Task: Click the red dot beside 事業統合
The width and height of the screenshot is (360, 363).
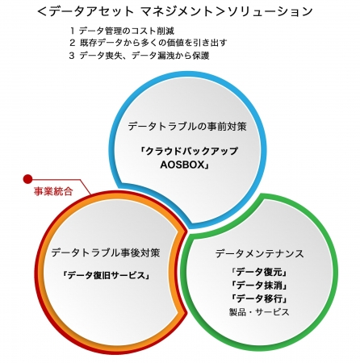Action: (x=27, y=179)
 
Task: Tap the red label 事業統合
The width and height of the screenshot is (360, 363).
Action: (x=53, y=191)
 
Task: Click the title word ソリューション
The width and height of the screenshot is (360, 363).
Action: (x=270, y=11)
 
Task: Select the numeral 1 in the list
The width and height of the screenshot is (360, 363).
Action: (x=72, y=31)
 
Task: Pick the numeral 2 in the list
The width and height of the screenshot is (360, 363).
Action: (x=72, y=43)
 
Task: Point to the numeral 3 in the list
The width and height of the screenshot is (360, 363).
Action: (x=72, y=56)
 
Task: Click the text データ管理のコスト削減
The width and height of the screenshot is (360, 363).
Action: (x=127, y=31)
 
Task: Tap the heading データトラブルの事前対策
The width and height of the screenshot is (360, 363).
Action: (x=187, y=126)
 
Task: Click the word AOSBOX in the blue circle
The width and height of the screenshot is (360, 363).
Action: (x=182, y=165)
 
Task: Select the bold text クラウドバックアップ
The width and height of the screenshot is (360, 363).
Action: (x=191, y=151)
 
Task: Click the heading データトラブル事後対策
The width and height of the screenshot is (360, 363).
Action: (x=106, y=252)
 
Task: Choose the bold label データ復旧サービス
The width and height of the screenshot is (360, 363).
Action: (x=107, y=275)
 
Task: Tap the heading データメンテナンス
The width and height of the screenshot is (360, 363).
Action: (x=259, y=253)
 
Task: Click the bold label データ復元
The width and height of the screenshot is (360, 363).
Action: (x=259, y=272)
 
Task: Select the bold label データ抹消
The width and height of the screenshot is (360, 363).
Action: (x=259, y=285)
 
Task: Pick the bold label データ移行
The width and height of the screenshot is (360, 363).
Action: (x=259, y=298)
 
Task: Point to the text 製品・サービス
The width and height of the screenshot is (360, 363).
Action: (x=259, y=312)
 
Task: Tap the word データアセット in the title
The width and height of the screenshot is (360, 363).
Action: (x=92, y=11)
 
